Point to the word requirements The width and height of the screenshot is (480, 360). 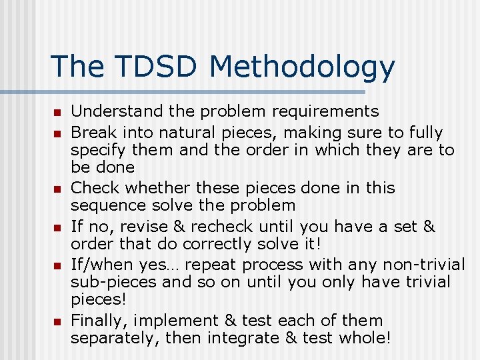pyautogui.click(x=321, y=112)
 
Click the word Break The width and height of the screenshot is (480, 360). pyautogui.click(x=91, y=132)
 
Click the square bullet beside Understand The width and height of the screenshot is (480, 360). pyautogui.click(x=57, y=113)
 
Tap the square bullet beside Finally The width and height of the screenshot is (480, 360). pyautogui.click(x=57, y=322)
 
